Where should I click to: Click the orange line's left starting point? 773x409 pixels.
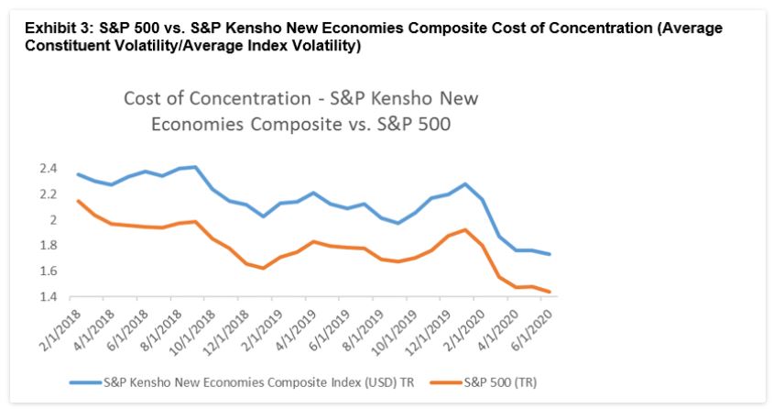[x=78, y=201]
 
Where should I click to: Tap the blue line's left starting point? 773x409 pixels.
[x=78, y=174]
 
